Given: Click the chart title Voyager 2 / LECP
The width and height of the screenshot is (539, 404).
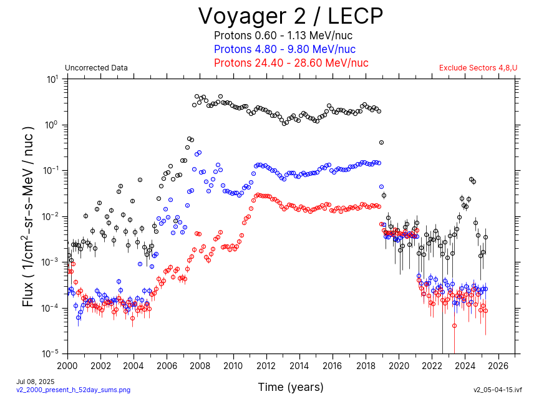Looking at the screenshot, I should pos(291,16).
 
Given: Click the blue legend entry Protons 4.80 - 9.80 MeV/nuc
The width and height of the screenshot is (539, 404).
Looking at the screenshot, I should pos(284,49).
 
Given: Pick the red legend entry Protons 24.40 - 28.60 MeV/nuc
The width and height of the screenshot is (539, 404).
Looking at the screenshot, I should pos(291,63).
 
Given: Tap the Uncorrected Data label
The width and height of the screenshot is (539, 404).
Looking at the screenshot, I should pos(96,68).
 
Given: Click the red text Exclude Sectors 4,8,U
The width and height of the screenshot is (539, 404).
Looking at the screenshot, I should pos(478,68).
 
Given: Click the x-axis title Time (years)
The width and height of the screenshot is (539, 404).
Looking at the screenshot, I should pos(291,387).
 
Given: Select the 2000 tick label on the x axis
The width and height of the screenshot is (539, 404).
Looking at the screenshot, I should pos(67,365).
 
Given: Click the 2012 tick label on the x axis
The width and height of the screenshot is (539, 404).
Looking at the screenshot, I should pos(266,365).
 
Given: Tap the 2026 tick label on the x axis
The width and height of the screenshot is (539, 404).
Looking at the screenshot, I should pos(499,365).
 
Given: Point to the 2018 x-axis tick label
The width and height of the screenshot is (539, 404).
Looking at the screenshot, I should pos(366,365).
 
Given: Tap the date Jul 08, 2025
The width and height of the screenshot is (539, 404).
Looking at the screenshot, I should pos(35,381).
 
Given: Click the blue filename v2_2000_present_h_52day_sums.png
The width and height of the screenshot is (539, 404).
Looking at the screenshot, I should pos(73,390).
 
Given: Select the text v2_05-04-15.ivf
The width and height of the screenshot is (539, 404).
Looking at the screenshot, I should pos(497,390).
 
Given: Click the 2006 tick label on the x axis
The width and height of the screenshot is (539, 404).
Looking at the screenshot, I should pos(167,365).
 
